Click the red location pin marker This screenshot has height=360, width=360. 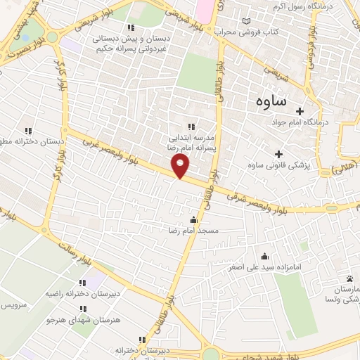click(x=181, y=167)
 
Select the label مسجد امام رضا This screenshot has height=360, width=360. click(x=192, y=231)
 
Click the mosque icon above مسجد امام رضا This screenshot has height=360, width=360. click(x=193, y=219)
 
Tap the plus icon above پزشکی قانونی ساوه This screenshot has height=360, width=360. click(x=278, y=154)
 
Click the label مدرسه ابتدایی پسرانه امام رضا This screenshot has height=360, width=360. click(x=188, y=143)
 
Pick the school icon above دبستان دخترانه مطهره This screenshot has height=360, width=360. click(x=29, y=130)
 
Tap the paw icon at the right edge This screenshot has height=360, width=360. click(x=349, y=280)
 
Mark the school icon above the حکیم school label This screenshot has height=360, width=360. click(x=130, y=28)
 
